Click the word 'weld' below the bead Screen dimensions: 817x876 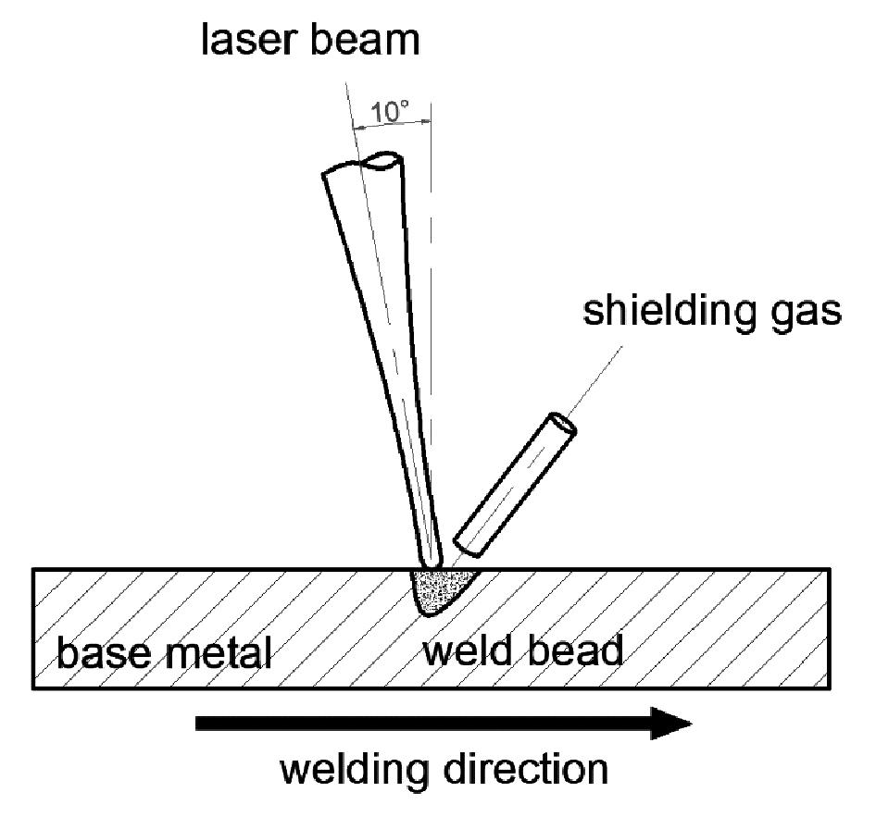[x=471, y=651]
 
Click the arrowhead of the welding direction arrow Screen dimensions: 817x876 [x=670, y=723]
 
